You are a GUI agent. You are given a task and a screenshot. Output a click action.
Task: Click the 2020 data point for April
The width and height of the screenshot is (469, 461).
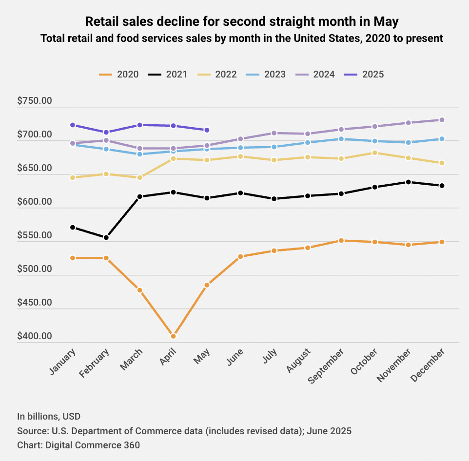coord(173,336)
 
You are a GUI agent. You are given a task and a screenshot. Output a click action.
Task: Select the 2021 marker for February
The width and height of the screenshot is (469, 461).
coord(106,238)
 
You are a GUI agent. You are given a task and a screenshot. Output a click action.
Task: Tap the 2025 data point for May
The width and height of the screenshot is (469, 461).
coord(207,130)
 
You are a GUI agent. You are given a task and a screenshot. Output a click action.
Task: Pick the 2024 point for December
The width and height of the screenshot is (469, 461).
coord(442,120)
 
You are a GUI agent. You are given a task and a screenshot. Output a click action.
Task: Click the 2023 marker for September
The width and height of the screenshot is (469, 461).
coord(341,139)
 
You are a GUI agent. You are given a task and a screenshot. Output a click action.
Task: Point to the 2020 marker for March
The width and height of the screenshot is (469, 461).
coord(139,290)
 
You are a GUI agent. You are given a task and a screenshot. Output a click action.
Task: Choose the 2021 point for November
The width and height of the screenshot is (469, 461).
coord(409,182)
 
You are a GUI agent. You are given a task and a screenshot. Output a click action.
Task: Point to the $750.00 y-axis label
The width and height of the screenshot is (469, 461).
coord(35,101)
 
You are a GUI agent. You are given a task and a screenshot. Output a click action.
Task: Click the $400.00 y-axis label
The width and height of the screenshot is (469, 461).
coord(35,336)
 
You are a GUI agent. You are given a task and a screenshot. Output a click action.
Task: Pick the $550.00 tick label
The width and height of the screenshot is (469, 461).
coord(35,235)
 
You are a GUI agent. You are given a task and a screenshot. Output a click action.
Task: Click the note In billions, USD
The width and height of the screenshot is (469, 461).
coord(49,417)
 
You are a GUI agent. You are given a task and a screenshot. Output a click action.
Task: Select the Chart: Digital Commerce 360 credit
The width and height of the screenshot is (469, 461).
coord(78,445)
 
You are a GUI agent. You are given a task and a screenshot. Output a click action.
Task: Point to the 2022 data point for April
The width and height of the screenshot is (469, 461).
coord(173,159)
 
